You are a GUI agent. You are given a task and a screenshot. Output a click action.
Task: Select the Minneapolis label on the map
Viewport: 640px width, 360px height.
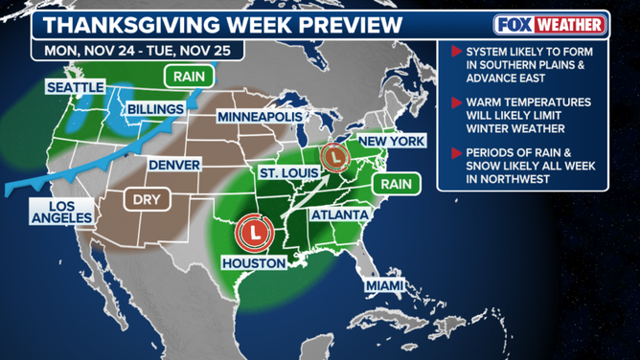(260, 116)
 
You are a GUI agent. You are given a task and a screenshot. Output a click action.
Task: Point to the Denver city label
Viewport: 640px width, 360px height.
(173, 166)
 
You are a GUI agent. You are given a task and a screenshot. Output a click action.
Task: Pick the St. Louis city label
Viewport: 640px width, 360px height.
(286, 171)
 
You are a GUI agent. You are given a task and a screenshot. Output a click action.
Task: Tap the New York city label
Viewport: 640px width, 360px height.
(390, 141)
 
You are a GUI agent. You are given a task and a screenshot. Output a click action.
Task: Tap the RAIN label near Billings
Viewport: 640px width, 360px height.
(190, 75)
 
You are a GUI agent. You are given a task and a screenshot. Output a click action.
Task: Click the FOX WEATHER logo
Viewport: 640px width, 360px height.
(551, 25)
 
